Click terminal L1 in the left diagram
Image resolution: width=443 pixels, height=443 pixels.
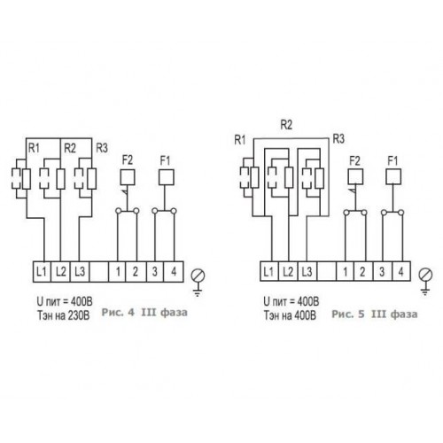[x=42, y=271]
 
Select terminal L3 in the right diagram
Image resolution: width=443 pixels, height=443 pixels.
[x=307, y=271]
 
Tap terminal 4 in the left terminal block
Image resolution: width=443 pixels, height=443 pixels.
[x=174, y=271]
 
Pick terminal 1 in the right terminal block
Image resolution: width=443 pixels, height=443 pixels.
[x=346, y=271]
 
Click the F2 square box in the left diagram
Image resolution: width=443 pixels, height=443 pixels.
[x=128, y=177]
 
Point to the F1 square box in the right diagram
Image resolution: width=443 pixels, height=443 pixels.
[x=393, y=176]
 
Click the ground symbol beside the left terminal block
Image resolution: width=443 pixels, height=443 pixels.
[x=198, y=283]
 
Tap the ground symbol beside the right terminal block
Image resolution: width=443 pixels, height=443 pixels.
[x=425, y=282]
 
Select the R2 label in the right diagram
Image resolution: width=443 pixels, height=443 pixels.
[x=286, y=125]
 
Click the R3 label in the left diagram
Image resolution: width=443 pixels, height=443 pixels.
[x=102, y=148]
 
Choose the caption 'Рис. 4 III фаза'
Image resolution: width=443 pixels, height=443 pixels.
[x=144, y=313]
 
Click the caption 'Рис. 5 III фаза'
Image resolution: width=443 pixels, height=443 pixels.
[x=375, y=314]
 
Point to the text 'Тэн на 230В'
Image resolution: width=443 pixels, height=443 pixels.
[x=63, y=315]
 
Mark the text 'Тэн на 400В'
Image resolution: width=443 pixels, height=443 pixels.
[x=290, y=315]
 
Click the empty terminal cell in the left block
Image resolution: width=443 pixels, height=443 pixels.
[x=99, y=271]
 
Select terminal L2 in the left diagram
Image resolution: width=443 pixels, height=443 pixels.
[x=60, y=271]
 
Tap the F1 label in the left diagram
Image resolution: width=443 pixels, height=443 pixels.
[x=165, y=160]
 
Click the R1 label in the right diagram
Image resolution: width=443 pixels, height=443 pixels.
[x=240, y=140]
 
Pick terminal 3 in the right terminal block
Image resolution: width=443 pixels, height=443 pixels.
[x=382, y=271]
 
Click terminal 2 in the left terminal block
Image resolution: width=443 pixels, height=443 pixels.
[x=136, y=271]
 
